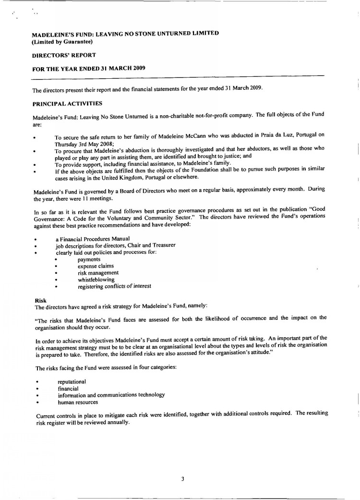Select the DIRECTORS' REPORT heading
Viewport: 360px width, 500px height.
pyautogui.click(x=64, y=55)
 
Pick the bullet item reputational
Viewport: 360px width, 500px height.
pyautogui.click(x=72, y=381)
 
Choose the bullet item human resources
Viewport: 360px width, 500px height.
pyautogui.click(x=78, y=402)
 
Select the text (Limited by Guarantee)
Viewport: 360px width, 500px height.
pyautogui.click(x=62, y=41)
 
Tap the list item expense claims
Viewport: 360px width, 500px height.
pyautogui.click(x=96, y=266)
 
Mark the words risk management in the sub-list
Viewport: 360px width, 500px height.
pyautogui.click(x=98, y=272)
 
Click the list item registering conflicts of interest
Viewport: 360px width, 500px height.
pyautogui.click(x=114, y=286)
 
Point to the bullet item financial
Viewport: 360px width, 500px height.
pyautogui.click(x=68, y=388)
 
